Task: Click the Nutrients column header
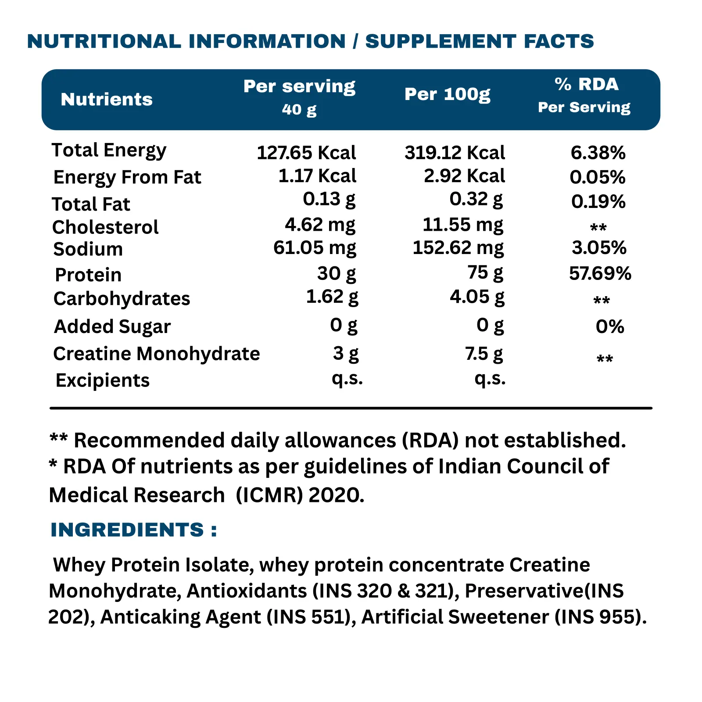(107, 100)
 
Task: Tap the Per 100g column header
(447, 94)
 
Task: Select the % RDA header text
(587, 84)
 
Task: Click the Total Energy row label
(109, 150)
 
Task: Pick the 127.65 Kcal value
(306, 153)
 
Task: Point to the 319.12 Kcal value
(455, 153)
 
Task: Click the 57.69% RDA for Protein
(600, 273)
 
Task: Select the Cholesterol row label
(105, 227)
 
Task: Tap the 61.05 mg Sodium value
(315, 248)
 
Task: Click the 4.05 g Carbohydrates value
(477, 297)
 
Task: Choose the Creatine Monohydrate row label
(156, 354)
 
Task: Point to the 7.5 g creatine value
(484, 354)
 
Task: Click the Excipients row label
(103, 380)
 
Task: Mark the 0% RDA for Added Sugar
(610, 326)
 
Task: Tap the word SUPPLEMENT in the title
(441, 41)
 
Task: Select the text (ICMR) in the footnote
(269, 495)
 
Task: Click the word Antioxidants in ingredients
(247, 591)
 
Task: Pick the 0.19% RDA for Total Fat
(598, 202)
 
